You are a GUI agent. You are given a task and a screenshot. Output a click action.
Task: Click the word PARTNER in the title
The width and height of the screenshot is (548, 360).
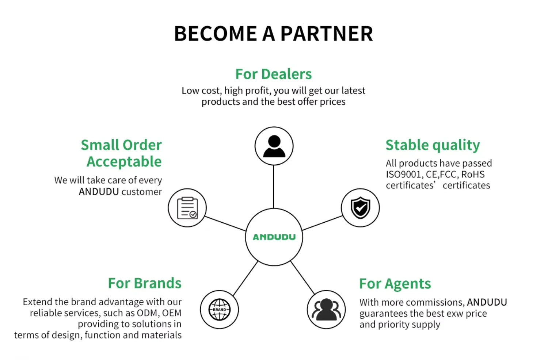pos(327,34)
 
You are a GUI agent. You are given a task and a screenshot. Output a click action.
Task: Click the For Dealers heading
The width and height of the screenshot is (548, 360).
pos(274,74)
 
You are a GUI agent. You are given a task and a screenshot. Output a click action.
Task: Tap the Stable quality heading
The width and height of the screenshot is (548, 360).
pos(433,145)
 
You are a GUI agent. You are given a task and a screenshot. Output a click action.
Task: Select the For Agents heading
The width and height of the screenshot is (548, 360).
pos(395,284)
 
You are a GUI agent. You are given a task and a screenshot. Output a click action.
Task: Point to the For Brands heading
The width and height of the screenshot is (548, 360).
pos(145,283)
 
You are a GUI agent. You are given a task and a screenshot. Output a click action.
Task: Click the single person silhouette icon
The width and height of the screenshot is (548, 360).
pos(274,146)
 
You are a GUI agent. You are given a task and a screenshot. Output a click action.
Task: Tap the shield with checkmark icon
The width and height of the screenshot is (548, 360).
pos(360,208)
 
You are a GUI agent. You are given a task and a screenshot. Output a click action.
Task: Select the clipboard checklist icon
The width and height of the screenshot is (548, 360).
pos(187,208)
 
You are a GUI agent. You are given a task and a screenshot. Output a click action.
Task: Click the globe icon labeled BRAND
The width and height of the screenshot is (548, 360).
pos(220,310)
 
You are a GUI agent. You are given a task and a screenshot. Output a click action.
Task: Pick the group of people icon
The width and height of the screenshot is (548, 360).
pos(326,310)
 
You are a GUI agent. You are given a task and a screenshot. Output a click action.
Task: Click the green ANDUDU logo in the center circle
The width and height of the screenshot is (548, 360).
pos(274,237)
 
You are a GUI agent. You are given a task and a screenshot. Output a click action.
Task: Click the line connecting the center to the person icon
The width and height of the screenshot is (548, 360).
pos(274,187)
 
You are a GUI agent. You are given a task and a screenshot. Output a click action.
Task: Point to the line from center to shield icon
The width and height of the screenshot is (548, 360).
pos(323,223)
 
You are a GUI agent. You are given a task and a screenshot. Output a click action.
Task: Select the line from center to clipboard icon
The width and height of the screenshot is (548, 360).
pos(225,223)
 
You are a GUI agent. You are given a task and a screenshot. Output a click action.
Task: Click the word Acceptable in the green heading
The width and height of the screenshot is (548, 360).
pos(124,162)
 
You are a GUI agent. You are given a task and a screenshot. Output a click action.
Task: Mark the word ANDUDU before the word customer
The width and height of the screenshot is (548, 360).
pos(99,192)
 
